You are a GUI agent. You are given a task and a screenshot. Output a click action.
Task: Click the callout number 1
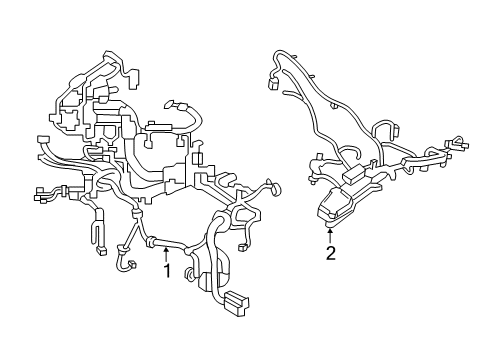point(167,270)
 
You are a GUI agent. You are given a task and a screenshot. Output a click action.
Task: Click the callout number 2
point(330,252)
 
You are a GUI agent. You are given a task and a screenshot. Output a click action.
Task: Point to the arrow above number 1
point(167,255)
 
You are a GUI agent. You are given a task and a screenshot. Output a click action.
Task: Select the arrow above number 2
point(330,235)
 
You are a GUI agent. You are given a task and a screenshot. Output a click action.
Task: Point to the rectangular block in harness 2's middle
point(353,174)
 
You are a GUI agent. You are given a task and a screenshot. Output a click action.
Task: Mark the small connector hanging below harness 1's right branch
point(244,246)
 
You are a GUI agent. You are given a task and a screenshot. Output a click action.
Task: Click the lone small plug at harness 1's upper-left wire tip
point(42,141)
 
